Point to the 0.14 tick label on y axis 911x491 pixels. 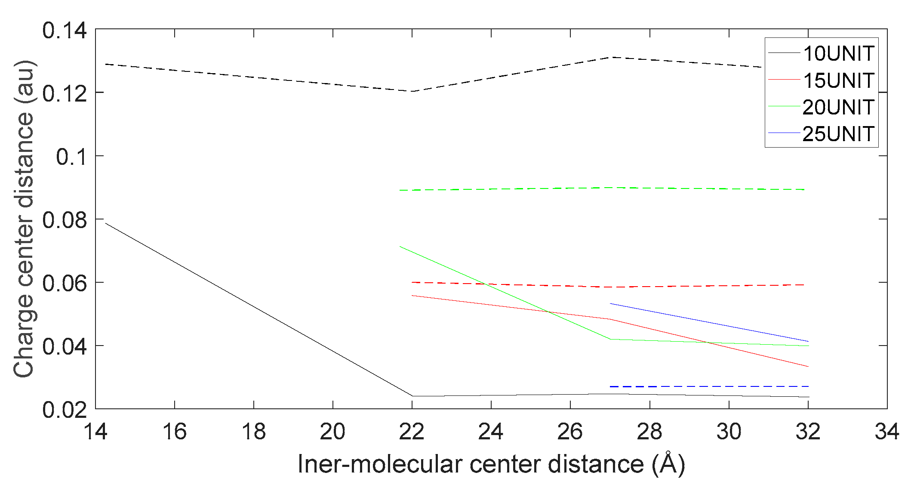tap(64, 31)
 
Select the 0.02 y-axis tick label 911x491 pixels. tap(64, 409)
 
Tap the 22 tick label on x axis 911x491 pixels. tap(412, 431)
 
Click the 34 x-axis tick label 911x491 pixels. tap(886, 431)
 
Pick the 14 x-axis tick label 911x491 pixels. tap(95, 431)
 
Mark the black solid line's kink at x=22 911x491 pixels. tap(412, 396)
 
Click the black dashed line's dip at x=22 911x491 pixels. tap(412, 91)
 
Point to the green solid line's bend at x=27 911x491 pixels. tap(610, 339)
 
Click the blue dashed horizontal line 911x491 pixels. tap(710, 386)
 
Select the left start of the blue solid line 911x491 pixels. tap(611, 304)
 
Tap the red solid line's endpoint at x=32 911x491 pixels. tap(808, 366)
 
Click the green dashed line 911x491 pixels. tap(602, 188)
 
